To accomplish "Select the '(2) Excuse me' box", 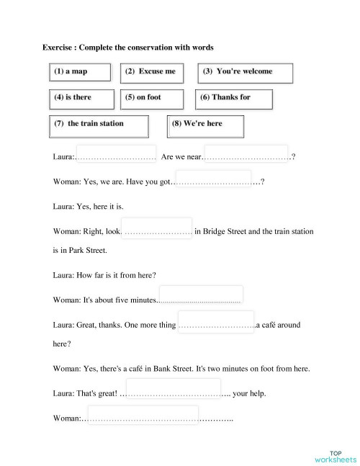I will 151,73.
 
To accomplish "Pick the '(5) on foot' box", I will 151,97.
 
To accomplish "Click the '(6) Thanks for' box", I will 234,97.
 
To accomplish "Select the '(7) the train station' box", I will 99,124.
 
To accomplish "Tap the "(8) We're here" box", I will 205,124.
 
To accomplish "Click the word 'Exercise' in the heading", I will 59,48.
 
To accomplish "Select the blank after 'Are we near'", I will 248,156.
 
